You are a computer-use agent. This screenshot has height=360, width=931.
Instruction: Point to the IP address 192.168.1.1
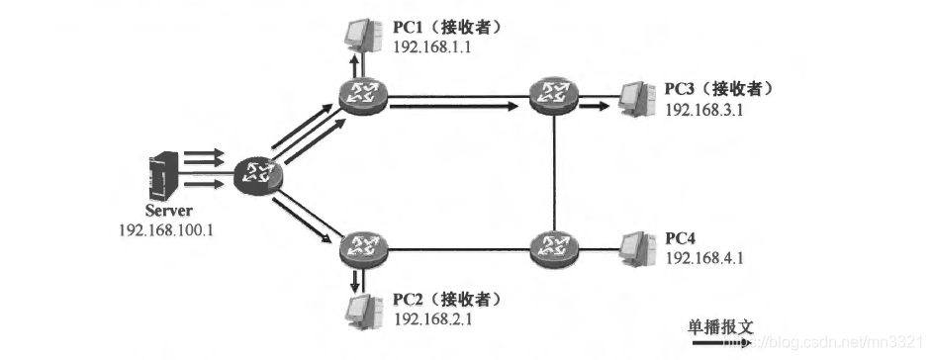coord(429,46)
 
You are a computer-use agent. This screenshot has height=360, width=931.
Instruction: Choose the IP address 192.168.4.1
coord(704,257)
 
